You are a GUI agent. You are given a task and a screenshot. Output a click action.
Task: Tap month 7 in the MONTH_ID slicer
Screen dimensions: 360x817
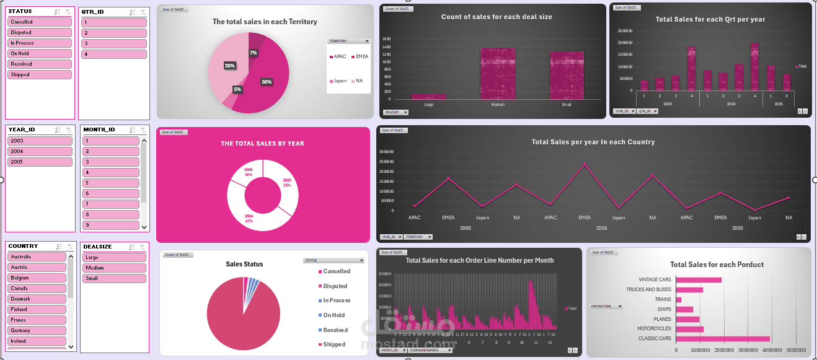point(110,204)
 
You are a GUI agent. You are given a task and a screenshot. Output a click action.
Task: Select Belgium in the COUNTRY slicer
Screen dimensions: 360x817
point(37,278)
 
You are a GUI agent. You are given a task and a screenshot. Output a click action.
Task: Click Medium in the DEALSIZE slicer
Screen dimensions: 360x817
point(114,268)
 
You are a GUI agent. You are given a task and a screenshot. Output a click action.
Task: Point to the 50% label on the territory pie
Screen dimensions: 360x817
point(267,82)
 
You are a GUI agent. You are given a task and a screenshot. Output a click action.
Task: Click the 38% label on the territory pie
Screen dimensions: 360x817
point(229,66)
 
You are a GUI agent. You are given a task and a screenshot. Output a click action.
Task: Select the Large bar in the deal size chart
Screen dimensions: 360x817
point(428,96)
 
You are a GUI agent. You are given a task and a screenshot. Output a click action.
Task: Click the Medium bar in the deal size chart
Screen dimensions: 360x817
point(497,74)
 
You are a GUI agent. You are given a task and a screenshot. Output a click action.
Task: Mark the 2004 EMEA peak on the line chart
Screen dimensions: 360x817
point(584,165)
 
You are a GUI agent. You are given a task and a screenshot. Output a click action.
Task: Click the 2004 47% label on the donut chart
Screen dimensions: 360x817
point(249,217)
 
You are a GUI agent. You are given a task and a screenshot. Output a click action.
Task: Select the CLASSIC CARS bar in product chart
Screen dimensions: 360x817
point(723,338)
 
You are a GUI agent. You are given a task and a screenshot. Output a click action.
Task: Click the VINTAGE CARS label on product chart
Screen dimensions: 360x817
point(654,280)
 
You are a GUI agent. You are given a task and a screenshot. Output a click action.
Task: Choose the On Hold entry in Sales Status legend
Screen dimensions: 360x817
point(333,315)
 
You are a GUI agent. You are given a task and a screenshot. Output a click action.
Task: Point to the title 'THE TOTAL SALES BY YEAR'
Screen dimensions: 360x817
point(262,144)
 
